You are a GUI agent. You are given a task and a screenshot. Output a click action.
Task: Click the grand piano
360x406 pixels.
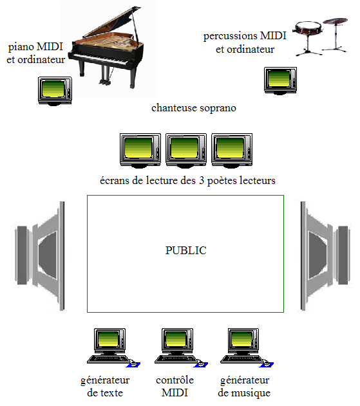coord(106,49)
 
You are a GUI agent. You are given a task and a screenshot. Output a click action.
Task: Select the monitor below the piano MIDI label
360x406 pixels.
coord(55,91)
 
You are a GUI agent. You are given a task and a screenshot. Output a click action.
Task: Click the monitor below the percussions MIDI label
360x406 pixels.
coord(280,80)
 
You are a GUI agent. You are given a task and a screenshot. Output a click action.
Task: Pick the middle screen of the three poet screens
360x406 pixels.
coord(186,150)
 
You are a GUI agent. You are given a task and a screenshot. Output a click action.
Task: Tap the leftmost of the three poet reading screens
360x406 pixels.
coord(140,150)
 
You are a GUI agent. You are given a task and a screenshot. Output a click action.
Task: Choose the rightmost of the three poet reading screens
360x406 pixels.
coord(232,150)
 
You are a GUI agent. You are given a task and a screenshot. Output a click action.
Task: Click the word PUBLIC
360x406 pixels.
coord(186,250)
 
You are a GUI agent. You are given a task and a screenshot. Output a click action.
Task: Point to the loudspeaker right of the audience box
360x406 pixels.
coord(326,255)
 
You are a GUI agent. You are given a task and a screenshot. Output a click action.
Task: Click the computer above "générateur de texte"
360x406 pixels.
coord(113,347)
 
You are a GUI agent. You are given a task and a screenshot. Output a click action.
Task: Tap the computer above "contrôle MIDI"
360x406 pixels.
coord(181,347)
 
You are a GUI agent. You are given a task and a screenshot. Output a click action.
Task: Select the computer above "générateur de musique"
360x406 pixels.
coord(247,347)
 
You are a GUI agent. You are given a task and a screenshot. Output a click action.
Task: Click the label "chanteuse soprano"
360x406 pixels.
coord(194,108)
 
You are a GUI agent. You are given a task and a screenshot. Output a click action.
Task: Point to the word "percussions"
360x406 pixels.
coord(231,36)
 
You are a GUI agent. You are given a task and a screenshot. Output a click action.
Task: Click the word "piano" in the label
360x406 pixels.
coord(21,48)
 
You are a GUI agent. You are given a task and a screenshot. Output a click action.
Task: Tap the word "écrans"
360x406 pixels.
coord(115,180)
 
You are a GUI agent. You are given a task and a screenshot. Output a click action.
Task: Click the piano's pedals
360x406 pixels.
coord(105,82)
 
